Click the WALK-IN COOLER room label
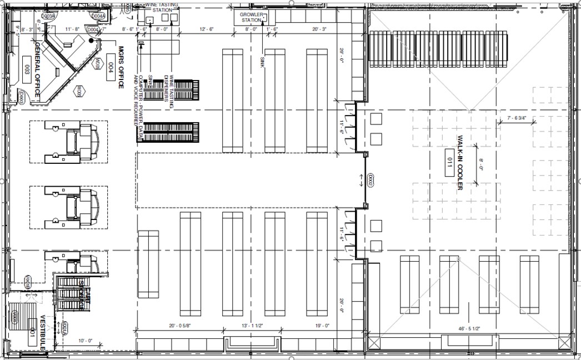coord(460,162)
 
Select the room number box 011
coord(449,162)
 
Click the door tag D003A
coord(49,17)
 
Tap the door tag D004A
coord(98,17)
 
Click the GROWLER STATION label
coord(251,17)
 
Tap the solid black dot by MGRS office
coord(91,40)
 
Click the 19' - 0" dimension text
coord(322,326)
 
